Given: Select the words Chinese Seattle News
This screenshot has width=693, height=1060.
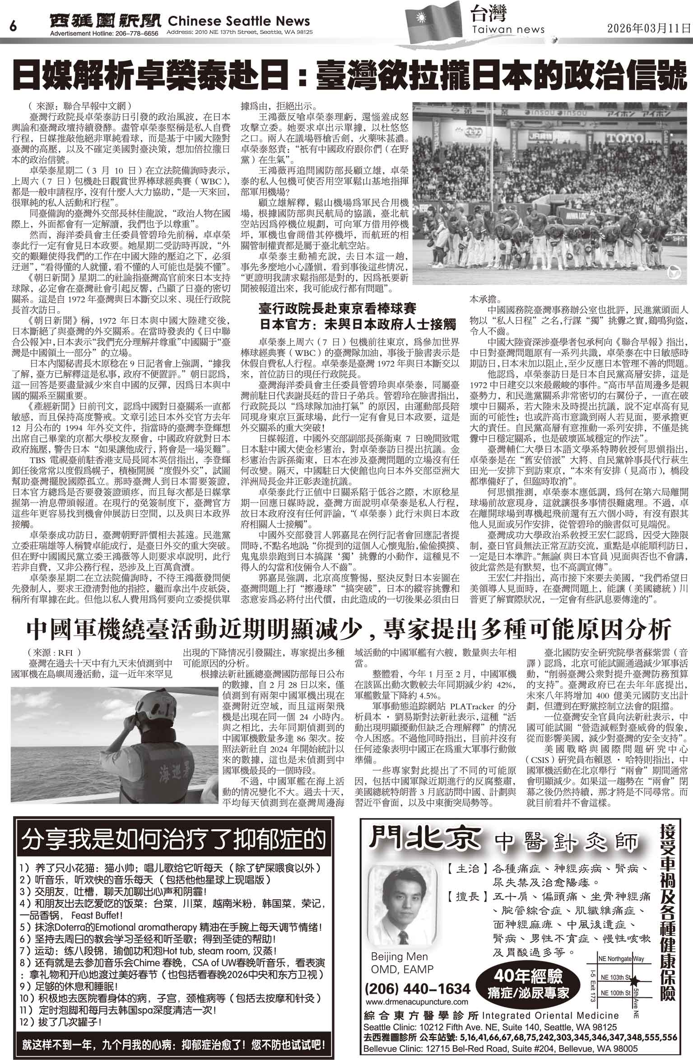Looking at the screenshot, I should tap(239, 21).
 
